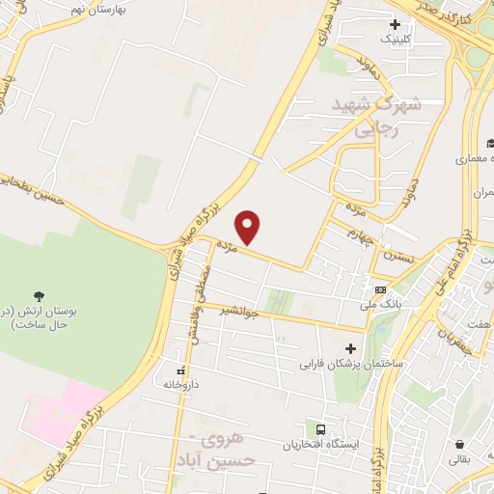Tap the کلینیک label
point(395,39)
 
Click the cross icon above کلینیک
point(395,23)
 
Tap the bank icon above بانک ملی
point(380,289)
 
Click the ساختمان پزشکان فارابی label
point(349,365)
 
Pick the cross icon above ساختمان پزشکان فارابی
point(349,348)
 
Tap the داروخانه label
point(179,384)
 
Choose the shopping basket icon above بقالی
point(459,445)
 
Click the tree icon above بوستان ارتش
point(39,295)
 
